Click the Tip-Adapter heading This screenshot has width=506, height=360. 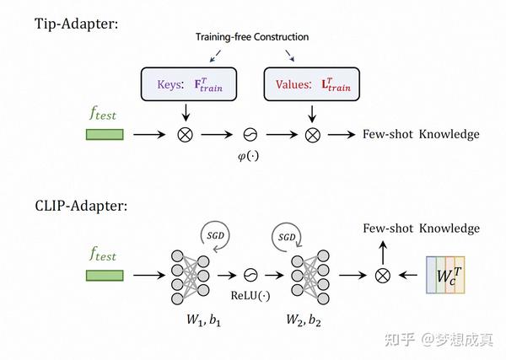77,24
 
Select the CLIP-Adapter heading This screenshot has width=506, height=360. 81,206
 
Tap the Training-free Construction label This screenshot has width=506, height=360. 252,37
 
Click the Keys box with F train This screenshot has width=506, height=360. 189,84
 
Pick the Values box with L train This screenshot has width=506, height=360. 312,84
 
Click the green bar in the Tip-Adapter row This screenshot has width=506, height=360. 105,135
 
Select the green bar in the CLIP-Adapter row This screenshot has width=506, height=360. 105,276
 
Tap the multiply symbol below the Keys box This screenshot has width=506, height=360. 186,135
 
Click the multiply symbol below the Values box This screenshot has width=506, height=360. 312,135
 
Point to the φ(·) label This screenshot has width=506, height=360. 248,156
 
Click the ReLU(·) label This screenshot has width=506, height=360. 250,295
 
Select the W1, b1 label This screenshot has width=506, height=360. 203,320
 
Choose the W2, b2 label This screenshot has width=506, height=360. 304,320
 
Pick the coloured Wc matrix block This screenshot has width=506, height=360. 445,275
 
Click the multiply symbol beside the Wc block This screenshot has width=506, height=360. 383,276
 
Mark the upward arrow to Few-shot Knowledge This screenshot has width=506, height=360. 383,253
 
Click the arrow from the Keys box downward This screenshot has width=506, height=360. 186,112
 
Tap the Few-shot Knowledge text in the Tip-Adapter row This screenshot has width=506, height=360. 421,135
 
